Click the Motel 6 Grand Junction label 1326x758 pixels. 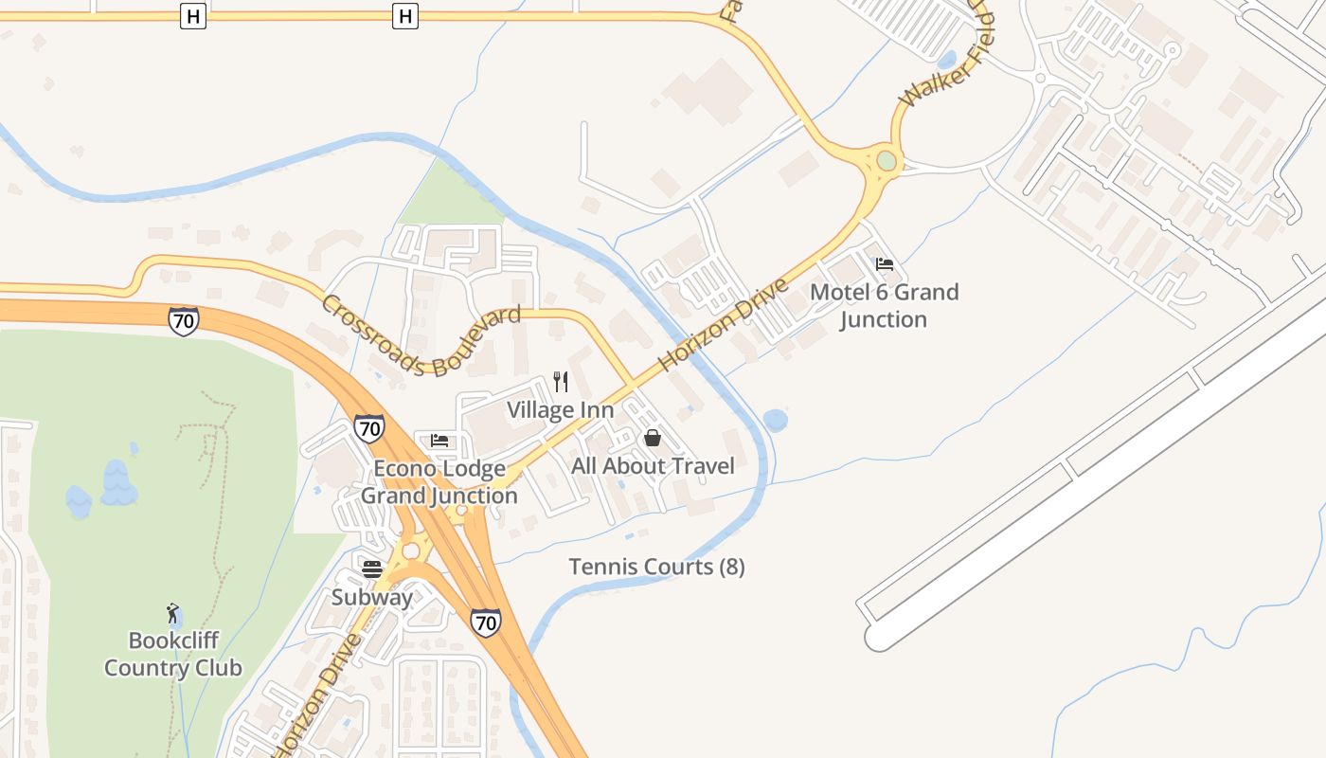pos(884,305)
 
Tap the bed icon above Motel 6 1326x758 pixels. pos(885,264)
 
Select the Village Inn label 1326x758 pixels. pos(560,410)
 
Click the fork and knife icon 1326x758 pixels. pos(561,382)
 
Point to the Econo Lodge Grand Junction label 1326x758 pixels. pos(439,481)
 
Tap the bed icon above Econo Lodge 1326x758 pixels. pos(439,441)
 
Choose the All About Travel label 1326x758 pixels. pos(653,465)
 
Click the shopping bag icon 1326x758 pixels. pos(653,438)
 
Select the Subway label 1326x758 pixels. pos(371,597)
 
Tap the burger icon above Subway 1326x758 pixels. pos(372,569)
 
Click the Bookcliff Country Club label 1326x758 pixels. pos(172,655)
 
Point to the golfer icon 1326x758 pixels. pos(172,613)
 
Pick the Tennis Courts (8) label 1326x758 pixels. pos(656,567)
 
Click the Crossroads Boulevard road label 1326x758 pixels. pos(421,334)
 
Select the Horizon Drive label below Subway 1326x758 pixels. pos(317,692)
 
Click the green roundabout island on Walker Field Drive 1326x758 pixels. pos(886,161)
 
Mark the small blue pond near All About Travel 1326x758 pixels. pos(775,420)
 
